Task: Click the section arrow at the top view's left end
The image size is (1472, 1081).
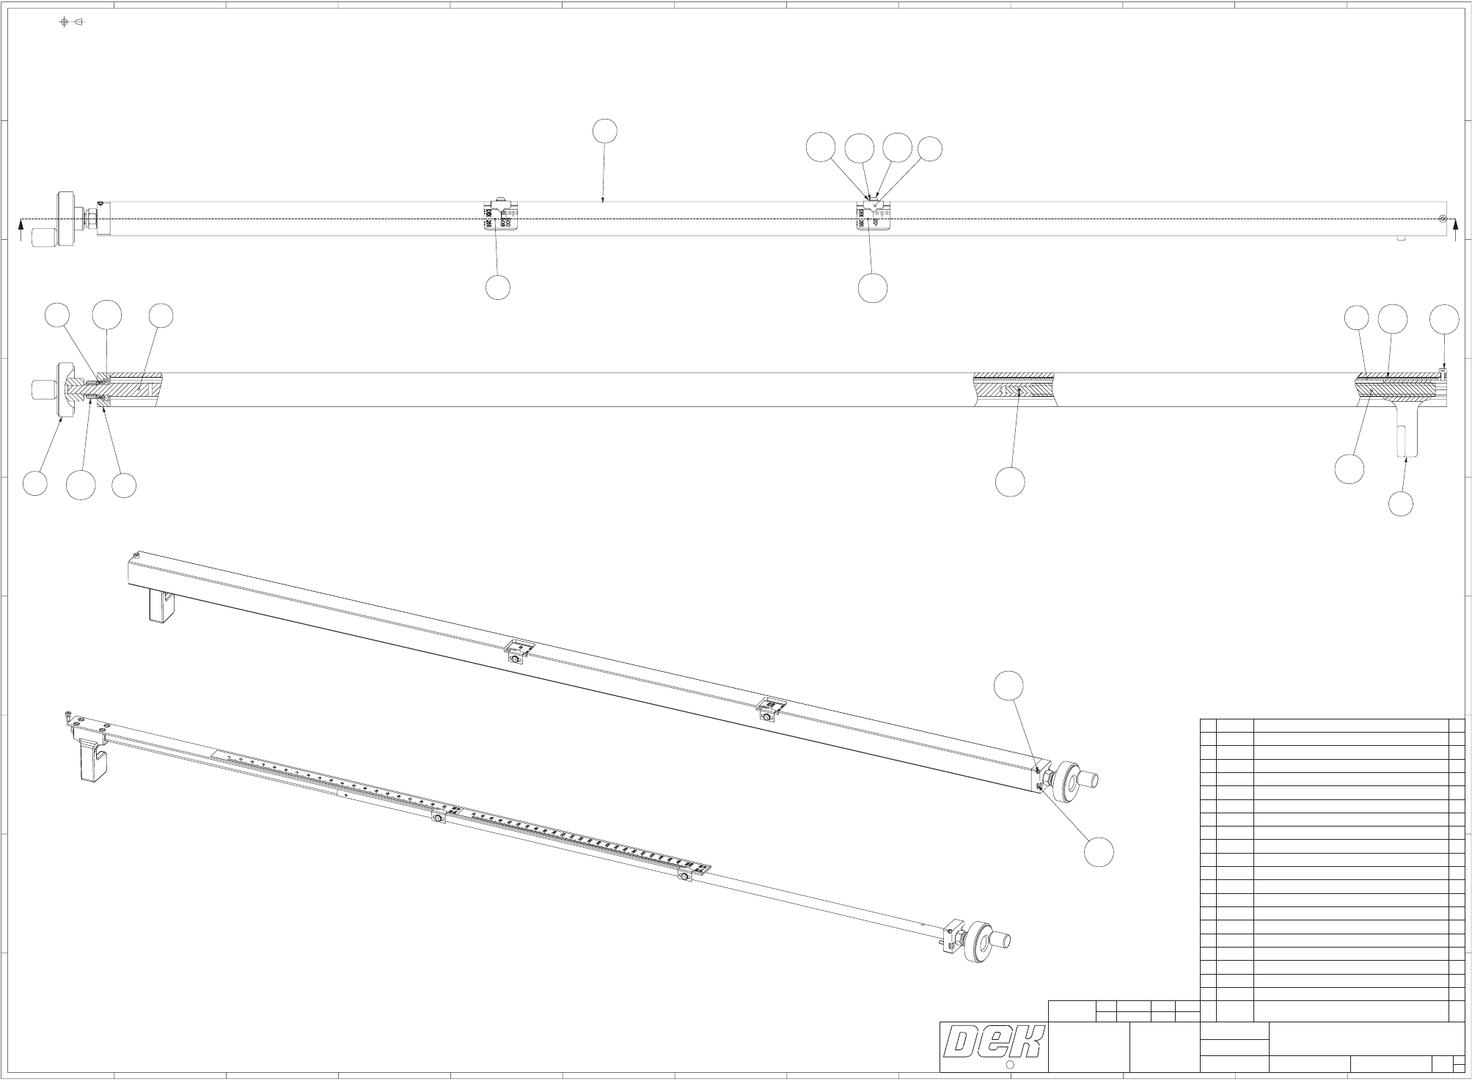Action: tap(21, 233)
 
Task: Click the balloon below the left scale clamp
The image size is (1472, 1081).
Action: tap(498, 287)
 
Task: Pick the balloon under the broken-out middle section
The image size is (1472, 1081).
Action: tap(1009, 482)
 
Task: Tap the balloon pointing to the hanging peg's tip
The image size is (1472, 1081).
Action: tap(1401, 504)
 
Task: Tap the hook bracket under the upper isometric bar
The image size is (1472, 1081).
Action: tap(163, 604)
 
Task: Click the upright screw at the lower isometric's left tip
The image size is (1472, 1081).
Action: tap(67, 717)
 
